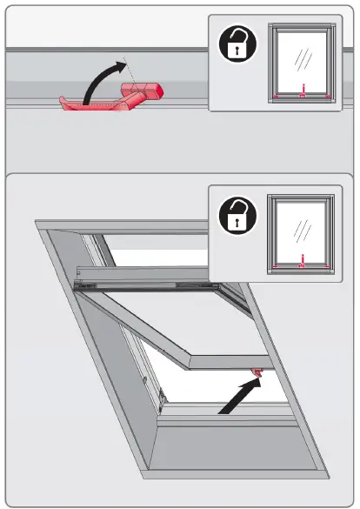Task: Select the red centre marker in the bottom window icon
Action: click(x=301, y=258)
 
